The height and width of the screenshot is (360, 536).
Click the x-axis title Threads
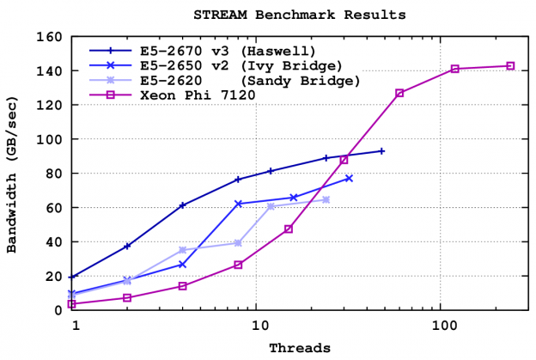(300, 348)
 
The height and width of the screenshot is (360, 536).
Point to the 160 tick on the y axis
(52, 37)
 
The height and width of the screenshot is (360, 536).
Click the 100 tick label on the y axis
(52, 139)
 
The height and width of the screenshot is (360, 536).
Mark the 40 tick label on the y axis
(56, 241)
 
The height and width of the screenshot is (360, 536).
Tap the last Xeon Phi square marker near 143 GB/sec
(510, 66)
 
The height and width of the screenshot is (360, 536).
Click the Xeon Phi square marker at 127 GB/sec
(399, 93)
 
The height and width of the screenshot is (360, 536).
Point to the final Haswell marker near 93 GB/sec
(382, 151)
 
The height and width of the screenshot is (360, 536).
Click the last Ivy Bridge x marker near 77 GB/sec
(349, 178)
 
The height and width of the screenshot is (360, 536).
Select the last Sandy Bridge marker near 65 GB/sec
(326, 199)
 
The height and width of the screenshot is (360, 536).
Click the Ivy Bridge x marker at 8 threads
(238, 204)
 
